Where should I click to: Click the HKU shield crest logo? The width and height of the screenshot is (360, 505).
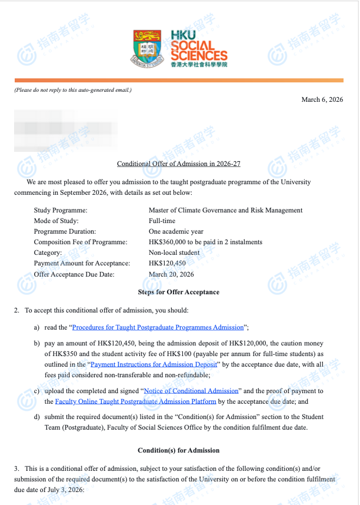149,48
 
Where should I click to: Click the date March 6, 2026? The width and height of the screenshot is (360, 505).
322,99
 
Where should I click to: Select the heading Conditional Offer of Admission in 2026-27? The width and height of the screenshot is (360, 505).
179,164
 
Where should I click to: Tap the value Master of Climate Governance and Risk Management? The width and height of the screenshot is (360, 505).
225,210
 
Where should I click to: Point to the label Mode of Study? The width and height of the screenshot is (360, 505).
56,221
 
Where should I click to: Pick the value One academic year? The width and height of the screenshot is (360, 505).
176,231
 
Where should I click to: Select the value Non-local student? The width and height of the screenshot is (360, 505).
174,252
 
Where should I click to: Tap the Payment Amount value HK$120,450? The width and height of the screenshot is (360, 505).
167,263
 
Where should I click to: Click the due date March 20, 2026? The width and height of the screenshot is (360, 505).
171,274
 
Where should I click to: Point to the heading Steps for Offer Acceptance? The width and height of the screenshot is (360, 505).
178,292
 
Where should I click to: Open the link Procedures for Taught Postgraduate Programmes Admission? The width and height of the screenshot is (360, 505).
158,327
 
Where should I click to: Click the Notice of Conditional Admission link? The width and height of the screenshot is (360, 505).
191,391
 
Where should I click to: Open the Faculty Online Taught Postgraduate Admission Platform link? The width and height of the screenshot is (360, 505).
135,401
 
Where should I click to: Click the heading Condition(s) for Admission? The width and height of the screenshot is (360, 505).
178,450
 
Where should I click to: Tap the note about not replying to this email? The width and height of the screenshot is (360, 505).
73,89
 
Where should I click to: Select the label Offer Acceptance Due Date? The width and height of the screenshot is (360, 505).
74,274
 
